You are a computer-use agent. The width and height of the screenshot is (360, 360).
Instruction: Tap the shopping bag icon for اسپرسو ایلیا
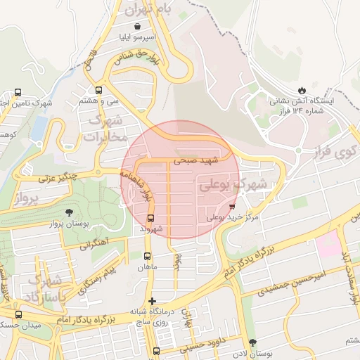tap(144, 26)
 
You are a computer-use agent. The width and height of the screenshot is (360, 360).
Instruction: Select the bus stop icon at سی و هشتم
tap(98, 91)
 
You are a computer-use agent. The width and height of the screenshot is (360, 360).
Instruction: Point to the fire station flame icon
tap(302, 91)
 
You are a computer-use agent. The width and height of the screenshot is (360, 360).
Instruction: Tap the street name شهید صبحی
tap(198, 160)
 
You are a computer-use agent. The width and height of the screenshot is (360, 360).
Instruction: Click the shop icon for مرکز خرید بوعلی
tap(233, 207)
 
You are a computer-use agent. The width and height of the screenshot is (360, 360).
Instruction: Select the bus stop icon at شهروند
tap(150, 218)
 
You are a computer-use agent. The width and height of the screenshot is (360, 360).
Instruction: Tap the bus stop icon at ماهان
tap(148, 257)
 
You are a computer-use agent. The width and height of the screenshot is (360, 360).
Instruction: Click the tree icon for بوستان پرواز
tap(68, 212)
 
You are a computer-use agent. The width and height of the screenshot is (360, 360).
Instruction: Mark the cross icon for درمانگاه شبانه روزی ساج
tap(152, 301)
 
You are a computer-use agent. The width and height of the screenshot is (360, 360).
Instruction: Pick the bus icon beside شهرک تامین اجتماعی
tap(18, 92)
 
